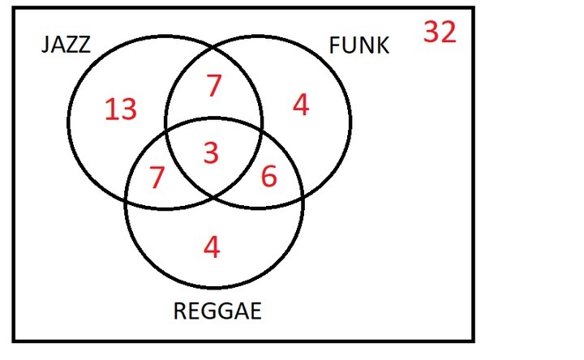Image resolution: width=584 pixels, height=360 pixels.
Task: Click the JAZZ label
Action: click(66, 45)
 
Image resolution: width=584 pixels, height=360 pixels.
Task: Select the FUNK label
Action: click(359, 45)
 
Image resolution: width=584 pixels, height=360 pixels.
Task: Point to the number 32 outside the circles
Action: click(440, 32)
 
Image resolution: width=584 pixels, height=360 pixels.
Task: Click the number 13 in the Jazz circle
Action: click(120, 109)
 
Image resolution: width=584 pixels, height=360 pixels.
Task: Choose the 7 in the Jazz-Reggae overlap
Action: click(157, 178)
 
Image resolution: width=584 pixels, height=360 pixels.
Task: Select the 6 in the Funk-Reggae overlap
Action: click(268, 178)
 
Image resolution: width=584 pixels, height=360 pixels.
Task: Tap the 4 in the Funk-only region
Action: click(301, 105)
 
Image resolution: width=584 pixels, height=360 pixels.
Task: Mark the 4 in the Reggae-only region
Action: click(212, 246)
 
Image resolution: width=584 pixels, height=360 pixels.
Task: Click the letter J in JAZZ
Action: click(46, 45)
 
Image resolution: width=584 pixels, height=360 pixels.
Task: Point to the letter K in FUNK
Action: click(382, 45)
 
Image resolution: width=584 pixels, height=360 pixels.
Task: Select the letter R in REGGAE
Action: click(181, 311)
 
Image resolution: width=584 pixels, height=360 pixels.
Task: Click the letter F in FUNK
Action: click(335, 45)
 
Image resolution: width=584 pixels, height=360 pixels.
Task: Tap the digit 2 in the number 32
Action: click(449, 32)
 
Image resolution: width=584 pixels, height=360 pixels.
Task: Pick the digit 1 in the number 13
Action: click(110, 109)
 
